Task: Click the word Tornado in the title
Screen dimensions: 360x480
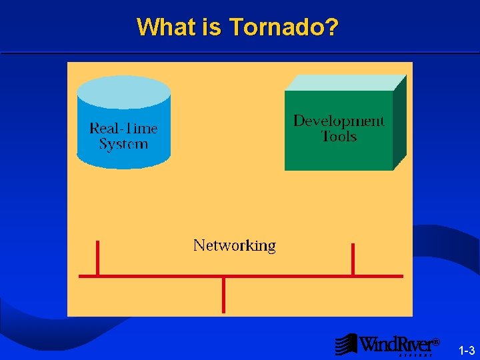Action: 277,27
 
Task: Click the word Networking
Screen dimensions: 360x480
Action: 234,245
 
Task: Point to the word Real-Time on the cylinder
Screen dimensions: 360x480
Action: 123,128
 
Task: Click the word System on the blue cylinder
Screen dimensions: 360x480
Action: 123,144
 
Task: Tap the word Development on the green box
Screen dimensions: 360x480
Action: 339,121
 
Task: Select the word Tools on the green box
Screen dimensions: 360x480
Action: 339,137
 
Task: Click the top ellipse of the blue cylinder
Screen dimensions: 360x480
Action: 124,91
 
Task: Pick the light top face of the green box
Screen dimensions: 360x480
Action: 345,83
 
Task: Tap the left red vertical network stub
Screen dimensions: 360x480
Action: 97,257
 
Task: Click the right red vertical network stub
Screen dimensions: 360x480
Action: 353,259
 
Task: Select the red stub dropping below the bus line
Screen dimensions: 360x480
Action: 223,295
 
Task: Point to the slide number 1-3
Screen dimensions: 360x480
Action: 467,351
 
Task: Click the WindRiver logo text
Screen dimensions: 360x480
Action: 396,345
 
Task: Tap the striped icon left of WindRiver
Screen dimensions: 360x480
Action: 346,344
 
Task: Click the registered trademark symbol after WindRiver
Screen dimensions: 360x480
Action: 436,342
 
